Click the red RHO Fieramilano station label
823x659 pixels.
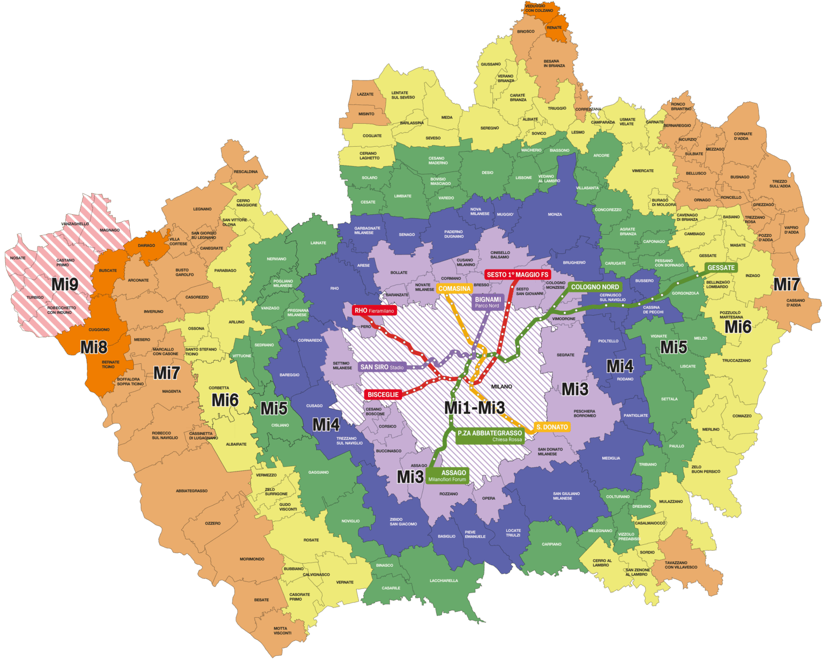coord(374,310)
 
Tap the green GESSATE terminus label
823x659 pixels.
coord(721,267)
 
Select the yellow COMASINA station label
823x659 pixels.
coord(454,288)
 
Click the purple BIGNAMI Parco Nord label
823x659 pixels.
coord(488,302)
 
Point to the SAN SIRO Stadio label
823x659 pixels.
coord(381,367)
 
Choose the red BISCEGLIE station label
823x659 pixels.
coord(383,394)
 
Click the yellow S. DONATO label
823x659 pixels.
coord(551,427)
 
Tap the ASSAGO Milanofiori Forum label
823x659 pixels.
coord(447,475)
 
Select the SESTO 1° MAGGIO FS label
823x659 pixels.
coord(517,274)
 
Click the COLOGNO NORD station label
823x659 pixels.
coord(594,287)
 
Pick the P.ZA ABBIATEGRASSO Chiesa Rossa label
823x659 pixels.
coord(489,436)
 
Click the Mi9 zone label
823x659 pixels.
coord(65,284)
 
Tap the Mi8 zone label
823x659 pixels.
coord(94,347)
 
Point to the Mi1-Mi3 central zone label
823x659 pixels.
coord(474,408)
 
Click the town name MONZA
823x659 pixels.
coord(555,214)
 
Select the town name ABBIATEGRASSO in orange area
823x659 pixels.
coord(191,491)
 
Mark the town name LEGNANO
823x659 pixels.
coord(202,209)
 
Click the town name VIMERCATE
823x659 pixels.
coord(642,171)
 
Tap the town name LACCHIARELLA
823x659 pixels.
coord(443,580)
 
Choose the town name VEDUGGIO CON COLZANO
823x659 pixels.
coord(539,8)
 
